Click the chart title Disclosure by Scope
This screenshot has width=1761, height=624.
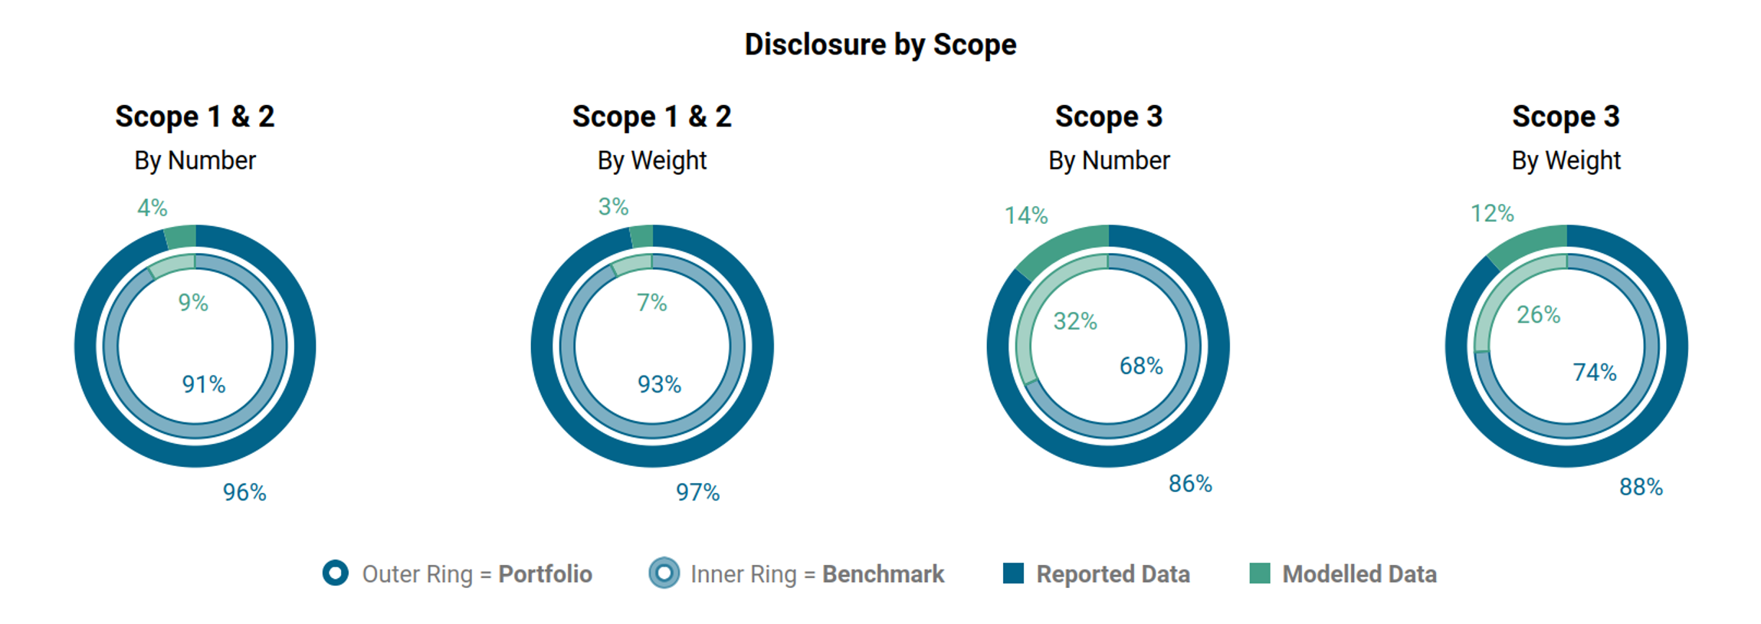click(x=880, y=44)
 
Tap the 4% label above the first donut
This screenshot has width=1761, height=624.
click(x=152, y=207)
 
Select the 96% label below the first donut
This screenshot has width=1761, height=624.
click(x=244, y=492)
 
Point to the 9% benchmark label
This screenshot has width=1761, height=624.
click(x=193, y=302)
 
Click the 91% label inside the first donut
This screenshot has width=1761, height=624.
click(x=204, y=384)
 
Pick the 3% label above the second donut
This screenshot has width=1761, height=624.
click(x=613, y=206)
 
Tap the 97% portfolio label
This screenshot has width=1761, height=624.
click(x=697, y=492)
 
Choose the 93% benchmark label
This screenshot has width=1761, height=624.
click(x=660, y=384)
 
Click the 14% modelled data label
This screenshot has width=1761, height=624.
click(x=1026, y=215)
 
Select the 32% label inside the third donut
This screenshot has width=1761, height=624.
click(x=1075, y=321)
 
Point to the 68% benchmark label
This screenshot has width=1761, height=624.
click(x=1141, y=366)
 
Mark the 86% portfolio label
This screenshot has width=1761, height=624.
click(x=1190, y=484)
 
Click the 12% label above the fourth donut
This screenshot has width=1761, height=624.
click(x=1492, y=213)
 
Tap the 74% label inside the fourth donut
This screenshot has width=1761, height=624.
click(x=1595, y=373)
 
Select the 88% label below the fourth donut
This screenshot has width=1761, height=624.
click(x=1641, y=488)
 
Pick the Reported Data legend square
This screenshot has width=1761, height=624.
click(x=1013, y=573)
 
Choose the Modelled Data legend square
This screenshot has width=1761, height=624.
click(x=1259, y=573)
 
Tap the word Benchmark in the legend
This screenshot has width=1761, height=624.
click(x=883, y=574)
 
